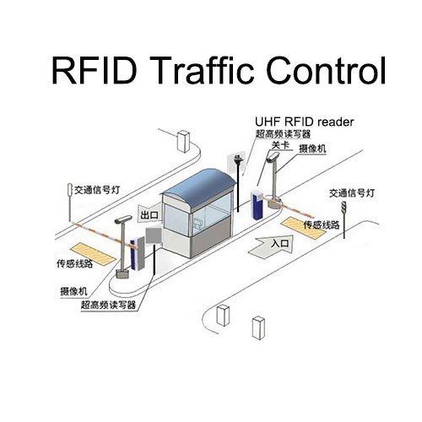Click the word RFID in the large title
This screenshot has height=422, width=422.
coord(94,70)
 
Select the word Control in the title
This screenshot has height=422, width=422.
coord(326,70)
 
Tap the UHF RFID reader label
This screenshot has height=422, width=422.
coord(304,122)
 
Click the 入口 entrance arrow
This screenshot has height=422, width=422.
coord(271,246)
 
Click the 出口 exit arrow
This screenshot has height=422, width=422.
coord(148,215)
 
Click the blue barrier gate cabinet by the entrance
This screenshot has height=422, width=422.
coord(257,203)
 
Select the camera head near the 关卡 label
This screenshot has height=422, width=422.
coord(273,157)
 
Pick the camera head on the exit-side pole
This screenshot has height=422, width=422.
coord(123,219)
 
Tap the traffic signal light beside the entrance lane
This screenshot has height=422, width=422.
coord(344,208)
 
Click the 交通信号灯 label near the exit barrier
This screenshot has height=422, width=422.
coord(97,190)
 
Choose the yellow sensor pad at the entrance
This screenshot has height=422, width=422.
coord(303,227)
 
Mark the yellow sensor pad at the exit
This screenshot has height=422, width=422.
coord(93,255)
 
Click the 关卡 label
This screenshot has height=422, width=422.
coord(280,145)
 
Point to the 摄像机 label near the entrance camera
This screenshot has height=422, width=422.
coord(312,149)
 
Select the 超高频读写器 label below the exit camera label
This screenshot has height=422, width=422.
coord(108,305)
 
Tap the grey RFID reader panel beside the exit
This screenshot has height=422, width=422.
coord(154,235)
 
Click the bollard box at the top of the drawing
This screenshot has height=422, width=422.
coord(183,141)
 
